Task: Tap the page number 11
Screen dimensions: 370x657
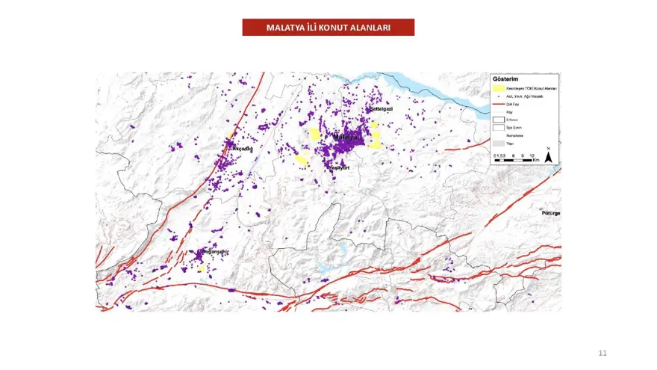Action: coord(602,352)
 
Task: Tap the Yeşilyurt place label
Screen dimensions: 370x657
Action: coord(340,168)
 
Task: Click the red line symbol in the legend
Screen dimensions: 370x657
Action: coord(499,105)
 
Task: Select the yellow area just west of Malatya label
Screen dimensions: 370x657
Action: coord(316,135)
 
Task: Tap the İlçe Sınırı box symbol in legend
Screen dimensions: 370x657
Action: coord(499,128)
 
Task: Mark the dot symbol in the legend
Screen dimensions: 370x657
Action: coord(499,96)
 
